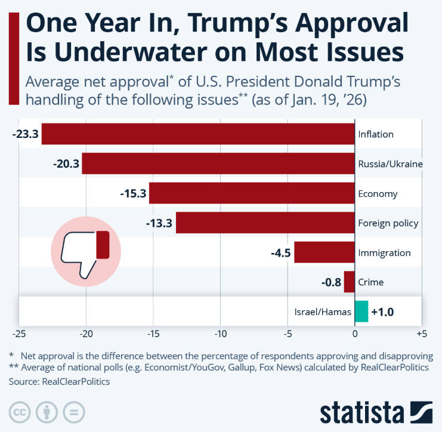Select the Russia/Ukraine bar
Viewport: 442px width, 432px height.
coord(218,163)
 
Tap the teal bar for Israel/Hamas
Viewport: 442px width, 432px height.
coord(361,311)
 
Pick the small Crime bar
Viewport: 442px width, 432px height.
coord(350,282)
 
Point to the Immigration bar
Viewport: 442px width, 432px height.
coord(324,252)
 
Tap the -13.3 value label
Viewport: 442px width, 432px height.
coord(159,223)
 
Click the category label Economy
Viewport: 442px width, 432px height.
coord(378,194)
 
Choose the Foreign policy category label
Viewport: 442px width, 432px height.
coord(388,223)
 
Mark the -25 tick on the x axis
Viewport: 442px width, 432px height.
coord(19,332)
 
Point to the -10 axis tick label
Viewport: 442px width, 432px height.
coord(220,332)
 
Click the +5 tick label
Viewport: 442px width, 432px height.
coord(421,332)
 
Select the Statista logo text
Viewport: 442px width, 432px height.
coord(361,412)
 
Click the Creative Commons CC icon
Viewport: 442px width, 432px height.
coord(21,412)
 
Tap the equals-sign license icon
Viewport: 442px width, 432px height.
coord(73,412)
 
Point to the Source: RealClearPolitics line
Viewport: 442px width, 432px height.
coord(60,381)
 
